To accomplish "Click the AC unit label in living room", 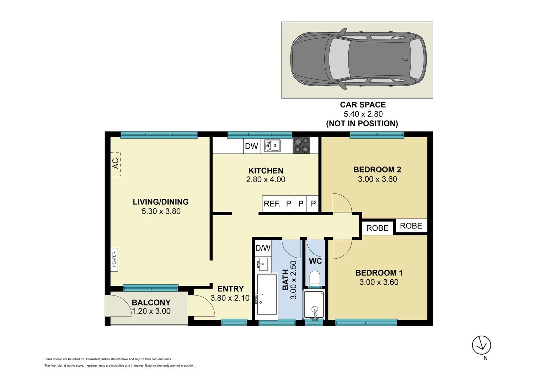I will click(115, 164).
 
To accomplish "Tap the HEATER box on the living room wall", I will click(114, 259).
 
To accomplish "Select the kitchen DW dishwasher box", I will click(251, 146).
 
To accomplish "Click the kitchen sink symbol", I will click(273, 145).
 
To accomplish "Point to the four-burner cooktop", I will click(301, 145).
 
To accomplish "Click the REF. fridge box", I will click(272, 204).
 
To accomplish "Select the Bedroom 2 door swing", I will click(342, 203).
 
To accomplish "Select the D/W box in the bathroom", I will click(263, 248).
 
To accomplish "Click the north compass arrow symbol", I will click(481, 345).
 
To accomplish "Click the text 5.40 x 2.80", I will click(363, 114).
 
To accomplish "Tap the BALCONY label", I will click(151, 302).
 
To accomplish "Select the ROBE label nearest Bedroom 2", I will click(411, 226).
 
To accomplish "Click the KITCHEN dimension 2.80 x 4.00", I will click(265, 179).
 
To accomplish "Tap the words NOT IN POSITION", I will click(362, 123).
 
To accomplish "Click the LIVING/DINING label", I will click(161, 202).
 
